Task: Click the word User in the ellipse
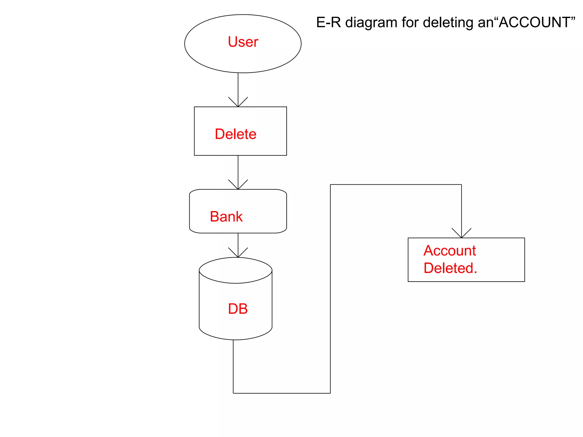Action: pyautogui.click(x=243, y=42)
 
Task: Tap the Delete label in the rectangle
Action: pyautogui.click(x=235, y=134)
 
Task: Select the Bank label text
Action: pyautogui.click(x=226, y=217)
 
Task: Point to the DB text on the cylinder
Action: pyautogui.click(x=238, y=309)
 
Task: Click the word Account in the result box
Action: pyautogui.click(x=449, y=251)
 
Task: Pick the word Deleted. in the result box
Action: pyautogui.click(x=450, y=268)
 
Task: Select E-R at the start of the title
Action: pyautogui.click(x=329, y=22)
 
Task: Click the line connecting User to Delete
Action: pyautogui.click(x=238, y=85)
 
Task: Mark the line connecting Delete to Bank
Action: pyautogui.click(x=238, y=168)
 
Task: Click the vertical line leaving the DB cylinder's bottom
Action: pyautogui.click(x=233, y=367)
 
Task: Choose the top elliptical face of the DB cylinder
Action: pyautogui.click(x=235, y=270)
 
